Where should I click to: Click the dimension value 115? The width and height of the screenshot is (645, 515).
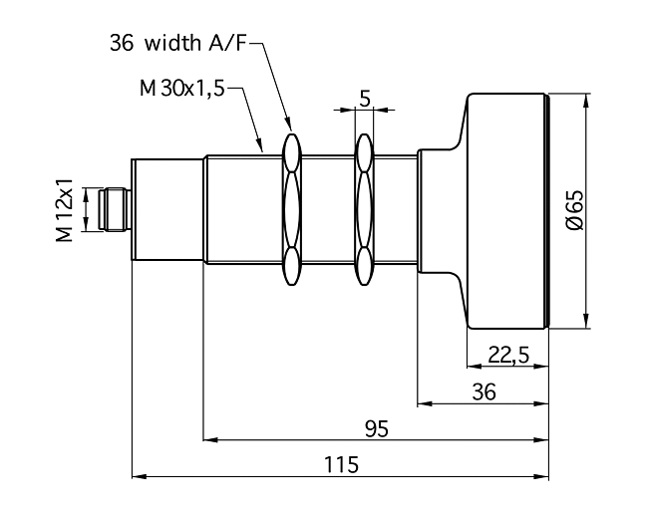click(341, 465)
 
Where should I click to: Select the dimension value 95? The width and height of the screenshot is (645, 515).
click(377, 429)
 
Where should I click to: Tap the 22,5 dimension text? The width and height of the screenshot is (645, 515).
click(508, 355)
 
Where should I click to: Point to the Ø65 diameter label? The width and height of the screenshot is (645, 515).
click(574, 210)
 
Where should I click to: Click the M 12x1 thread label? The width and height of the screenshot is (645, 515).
click(64, 210)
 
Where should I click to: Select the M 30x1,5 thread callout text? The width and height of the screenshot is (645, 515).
click(182, 88)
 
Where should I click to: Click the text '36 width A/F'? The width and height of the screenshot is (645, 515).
click(178, 43)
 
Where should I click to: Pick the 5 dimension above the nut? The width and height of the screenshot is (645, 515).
click(365, 99)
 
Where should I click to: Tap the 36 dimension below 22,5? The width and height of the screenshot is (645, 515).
click(484, 391)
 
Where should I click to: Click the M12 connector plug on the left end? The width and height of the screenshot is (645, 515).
click(115, 209)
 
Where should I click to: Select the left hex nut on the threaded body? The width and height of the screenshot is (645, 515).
click(292, 209)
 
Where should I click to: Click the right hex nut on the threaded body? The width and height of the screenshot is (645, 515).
click(364, 209)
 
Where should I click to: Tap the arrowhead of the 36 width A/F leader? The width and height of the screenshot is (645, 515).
click(289, 125)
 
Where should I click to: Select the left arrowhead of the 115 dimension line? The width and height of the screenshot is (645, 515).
click(139, 476)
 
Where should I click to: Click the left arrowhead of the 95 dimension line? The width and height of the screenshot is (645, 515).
click(210, 440)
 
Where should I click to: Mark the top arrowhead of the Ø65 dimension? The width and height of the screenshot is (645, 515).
click(586, 101)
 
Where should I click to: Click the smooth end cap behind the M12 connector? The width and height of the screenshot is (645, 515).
click(167, 209)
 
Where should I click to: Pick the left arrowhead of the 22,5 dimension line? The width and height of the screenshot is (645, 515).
click(475, 367)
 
